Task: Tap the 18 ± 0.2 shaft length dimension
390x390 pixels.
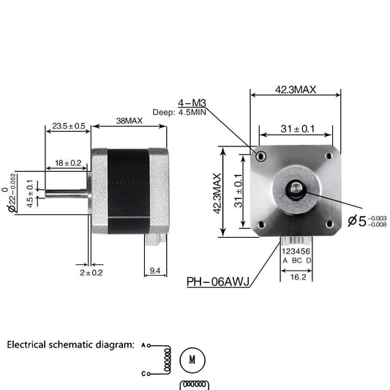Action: (x=68, y=162)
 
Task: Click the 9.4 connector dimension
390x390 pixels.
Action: (x=155, y=271)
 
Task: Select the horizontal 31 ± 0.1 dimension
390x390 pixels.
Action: (x=297, y=129)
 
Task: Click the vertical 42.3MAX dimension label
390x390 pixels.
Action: (x=217, y=192)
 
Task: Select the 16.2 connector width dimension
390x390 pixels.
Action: (x=297, y=278)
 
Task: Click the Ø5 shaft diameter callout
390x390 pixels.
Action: (x=366, y=221)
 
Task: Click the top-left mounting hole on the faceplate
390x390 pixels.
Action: (x=260, y=155)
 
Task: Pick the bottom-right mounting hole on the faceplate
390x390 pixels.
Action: (x=329, y=224)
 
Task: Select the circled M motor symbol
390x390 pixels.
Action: (x=192, y=360)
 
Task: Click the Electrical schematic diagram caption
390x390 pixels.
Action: (x=70, y=343)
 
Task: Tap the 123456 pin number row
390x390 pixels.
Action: (x=296, y=250)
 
